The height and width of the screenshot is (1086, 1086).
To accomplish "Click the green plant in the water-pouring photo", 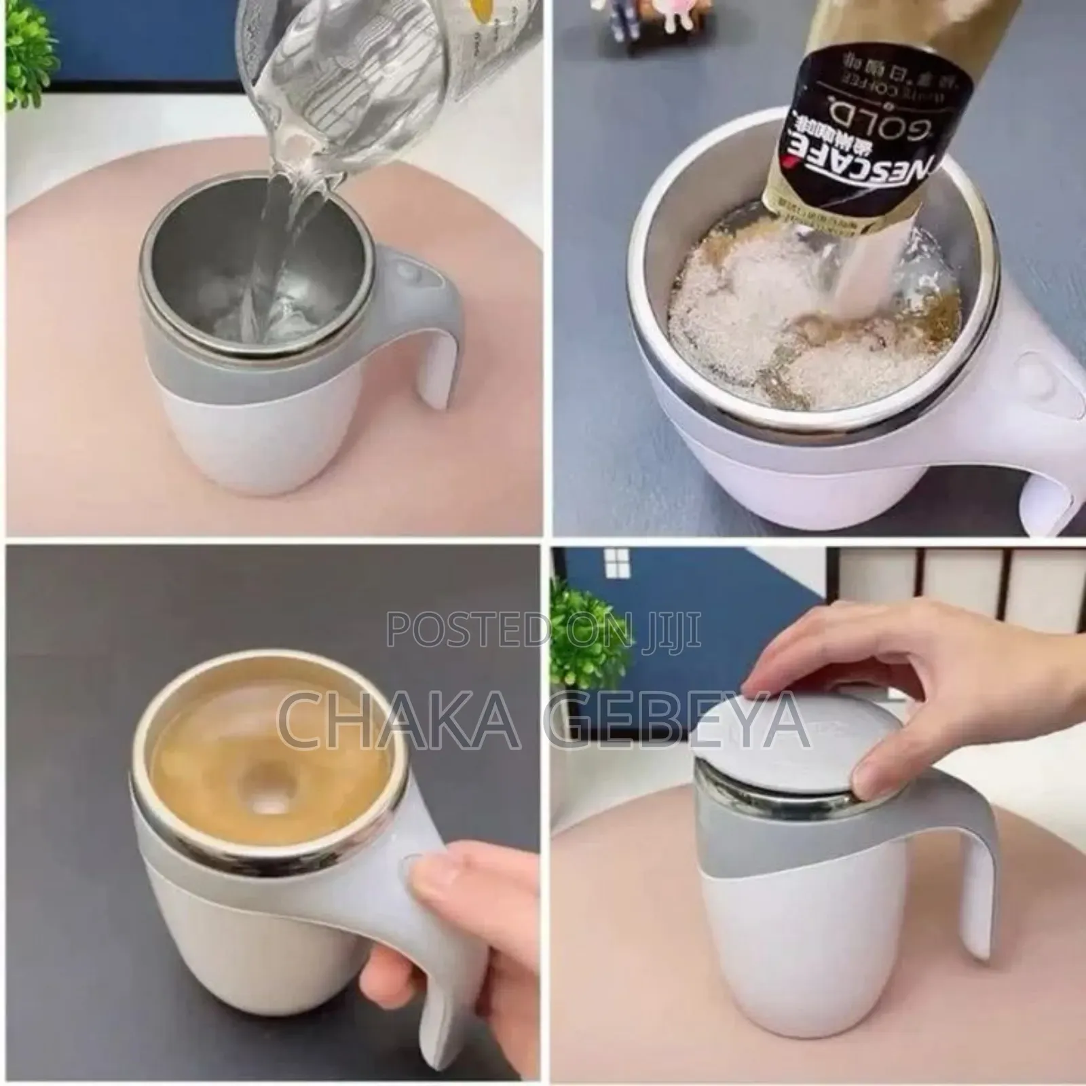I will [x=31, y=34].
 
